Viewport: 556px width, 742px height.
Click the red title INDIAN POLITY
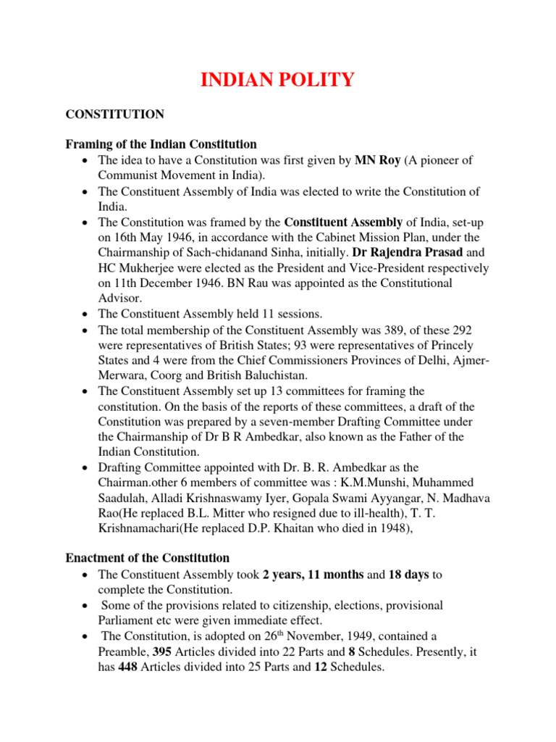277,80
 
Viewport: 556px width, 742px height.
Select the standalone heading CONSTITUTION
115,114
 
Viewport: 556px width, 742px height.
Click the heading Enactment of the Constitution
148,558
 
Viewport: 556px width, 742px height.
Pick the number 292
452,330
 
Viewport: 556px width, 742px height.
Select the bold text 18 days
409,575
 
